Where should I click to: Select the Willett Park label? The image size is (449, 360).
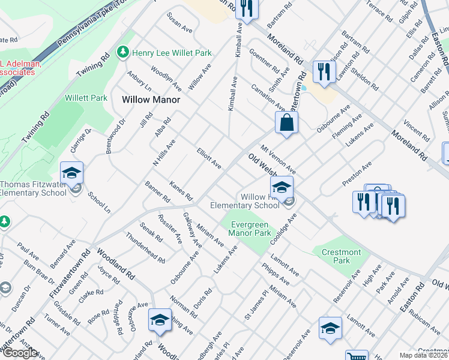[x=86, y=98]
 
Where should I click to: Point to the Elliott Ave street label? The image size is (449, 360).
[x=209, y=158]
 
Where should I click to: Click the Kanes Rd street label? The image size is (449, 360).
[x=181, y=191]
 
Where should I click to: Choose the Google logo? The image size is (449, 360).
[x=19, y=353]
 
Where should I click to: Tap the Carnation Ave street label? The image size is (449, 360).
[x=268, y=95]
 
